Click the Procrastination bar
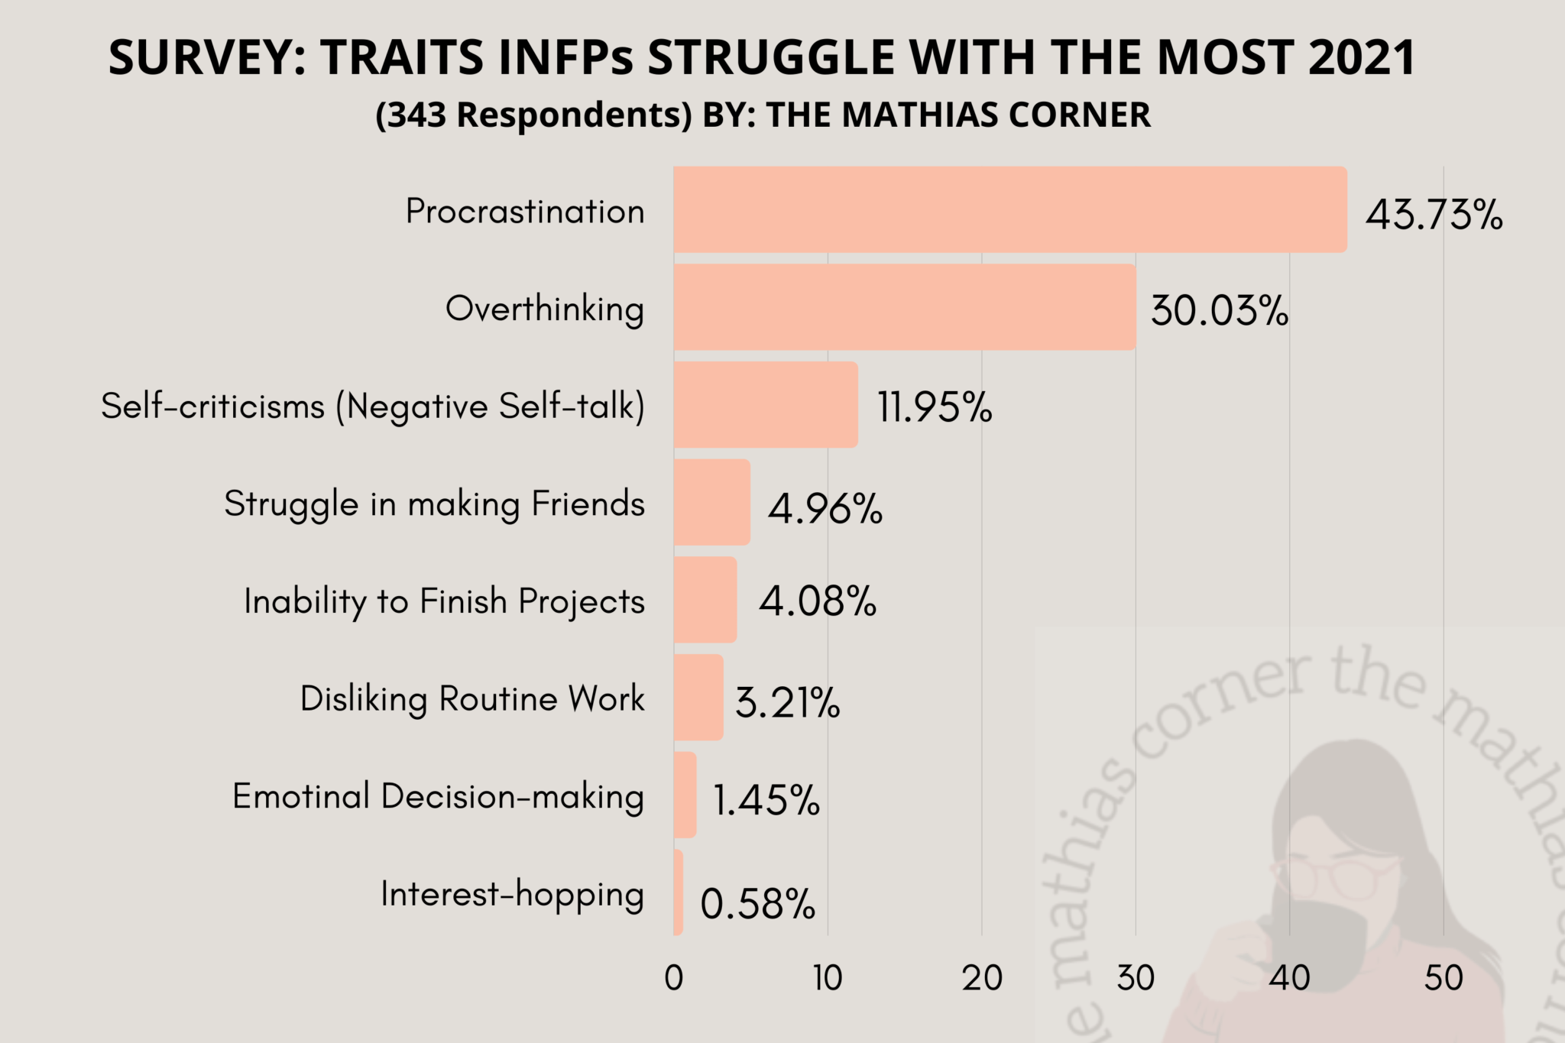(x=1009, y=209)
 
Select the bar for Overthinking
(x=904, y=307)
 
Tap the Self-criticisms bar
(x=765, y=404)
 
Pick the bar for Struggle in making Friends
(x=711, y=502)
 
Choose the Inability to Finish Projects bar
(x=705, y=600)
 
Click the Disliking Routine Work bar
(x=698, y=697)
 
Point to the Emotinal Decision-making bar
(x=685, y=795)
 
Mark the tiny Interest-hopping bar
(x=678, y=892)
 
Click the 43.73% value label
(x=1434, y=215)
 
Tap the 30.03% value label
(x=1219, y=312)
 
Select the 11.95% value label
(x=934, y=407)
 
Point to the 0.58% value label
(x=757, y=905)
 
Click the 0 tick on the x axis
(x=673, y=978)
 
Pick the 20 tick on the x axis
(x=981, y=978)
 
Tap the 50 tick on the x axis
(x=1443, y=978)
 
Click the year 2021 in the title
(x=1362, y=57)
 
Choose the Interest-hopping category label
(x=512, y=894)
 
